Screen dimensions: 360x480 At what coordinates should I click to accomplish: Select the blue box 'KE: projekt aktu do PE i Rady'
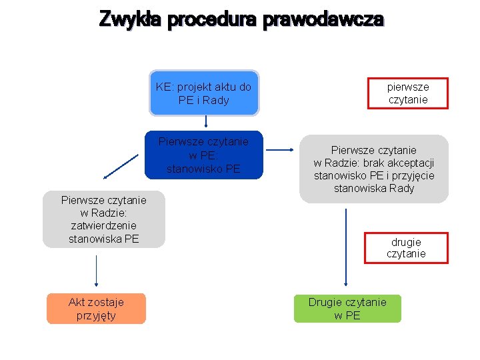[x=204, y=93]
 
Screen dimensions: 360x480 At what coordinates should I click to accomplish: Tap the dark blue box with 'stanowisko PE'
[x=204, y=155]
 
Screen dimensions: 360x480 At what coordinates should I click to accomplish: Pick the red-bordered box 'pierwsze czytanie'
[x=408, y=93]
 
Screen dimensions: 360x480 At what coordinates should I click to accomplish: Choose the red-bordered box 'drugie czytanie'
[x=406, y=248]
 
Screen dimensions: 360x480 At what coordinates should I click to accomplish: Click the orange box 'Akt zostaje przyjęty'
[x=96, y=309]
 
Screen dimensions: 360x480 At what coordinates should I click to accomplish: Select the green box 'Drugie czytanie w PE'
[x=347, y=309]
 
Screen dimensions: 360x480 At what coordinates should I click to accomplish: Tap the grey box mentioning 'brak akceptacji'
[x=374, y=169]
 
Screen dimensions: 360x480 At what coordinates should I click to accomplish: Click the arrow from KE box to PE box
[x=206, y=121]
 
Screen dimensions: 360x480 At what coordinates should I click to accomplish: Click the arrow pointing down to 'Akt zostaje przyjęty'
[x=97, y=271]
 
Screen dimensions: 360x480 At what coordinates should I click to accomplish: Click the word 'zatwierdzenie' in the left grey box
[x=104, y=225]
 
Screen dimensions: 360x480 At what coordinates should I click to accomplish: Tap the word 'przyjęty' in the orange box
[x=96, y=315]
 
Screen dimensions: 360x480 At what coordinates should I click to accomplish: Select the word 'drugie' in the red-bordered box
[x=406, y=241]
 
